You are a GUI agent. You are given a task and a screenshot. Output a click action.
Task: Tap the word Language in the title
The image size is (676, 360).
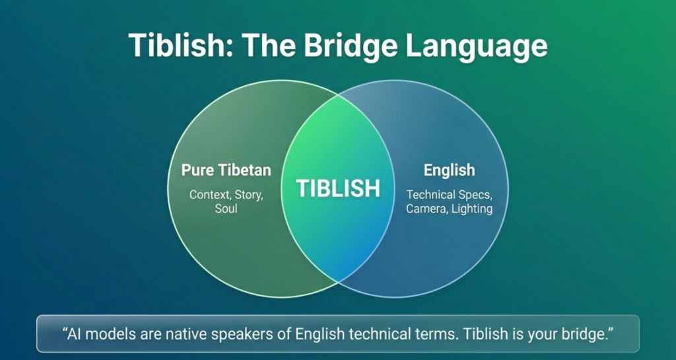pos(477,46)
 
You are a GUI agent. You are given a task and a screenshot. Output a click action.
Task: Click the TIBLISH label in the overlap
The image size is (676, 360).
pos(338,188)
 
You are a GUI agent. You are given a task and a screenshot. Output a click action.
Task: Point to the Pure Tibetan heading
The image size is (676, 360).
pos(226,170)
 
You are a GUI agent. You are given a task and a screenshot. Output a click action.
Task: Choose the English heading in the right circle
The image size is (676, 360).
pos(449,170)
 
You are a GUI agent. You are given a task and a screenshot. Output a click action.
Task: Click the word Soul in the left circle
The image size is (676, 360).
pos(226,209)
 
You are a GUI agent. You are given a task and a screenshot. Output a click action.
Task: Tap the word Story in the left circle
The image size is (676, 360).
pos(249,196)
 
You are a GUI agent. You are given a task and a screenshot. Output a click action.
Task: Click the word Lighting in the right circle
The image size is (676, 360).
pos(473,209)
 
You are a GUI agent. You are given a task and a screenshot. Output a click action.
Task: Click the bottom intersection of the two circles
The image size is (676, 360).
pos(338,282)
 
